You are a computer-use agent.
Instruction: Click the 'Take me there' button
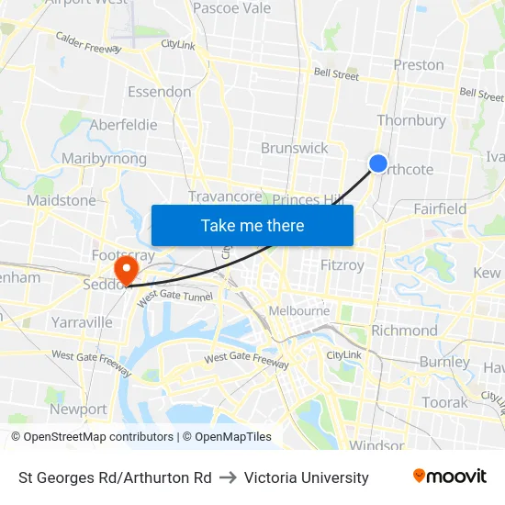(252, 225)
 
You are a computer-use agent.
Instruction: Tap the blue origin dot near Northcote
(378, 163)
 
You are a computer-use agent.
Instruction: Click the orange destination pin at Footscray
(124, 269)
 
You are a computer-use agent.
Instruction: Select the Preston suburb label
(418, 64)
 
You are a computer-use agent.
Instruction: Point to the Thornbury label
(411, 120)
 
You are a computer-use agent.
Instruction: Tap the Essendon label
(160, 92)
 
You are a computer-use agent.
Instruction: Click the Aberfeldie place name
(123, 125)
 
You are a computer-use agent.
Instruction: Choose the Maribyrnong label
(104, 159)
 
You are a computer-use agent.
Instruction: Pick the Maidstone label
(62, 200)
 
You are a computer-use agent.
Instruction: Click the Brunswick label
(294, 148)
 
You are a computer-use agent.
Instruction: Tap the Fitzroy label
(342, 265)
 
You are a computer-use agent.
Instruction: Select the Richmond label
(404, 331)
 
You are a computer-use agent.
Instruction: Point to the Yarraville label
(82, 322)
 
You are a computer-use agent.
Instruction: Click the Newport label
(78, 410)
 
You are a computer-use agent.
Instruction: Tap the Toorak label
(444, 402)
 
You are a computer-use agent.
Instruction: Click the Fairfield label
(440, 208)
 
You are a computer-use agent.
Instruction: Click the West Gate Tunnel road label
(174, 297)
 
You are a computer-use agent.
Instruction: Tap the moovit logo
(449, 477)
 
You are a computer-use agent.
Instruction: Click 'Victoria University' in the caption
(307, 477)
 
